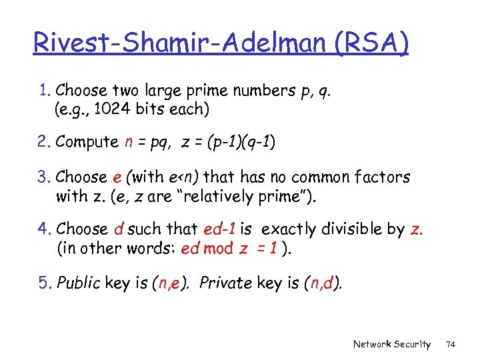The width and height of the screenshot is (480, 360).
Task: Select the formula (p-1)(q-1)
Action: (x=241, y=142)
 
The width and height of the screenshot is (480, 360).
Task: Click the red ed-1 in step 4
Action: (x=219, y=229)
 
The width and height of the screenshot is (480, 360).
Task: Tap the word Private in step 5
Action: (x=225, y=283)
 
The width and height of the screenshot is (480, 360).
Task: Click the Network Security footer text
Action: (x=392, y=344)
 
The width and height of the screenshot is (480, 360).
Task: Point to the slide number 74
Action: (x=451, y=344)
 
